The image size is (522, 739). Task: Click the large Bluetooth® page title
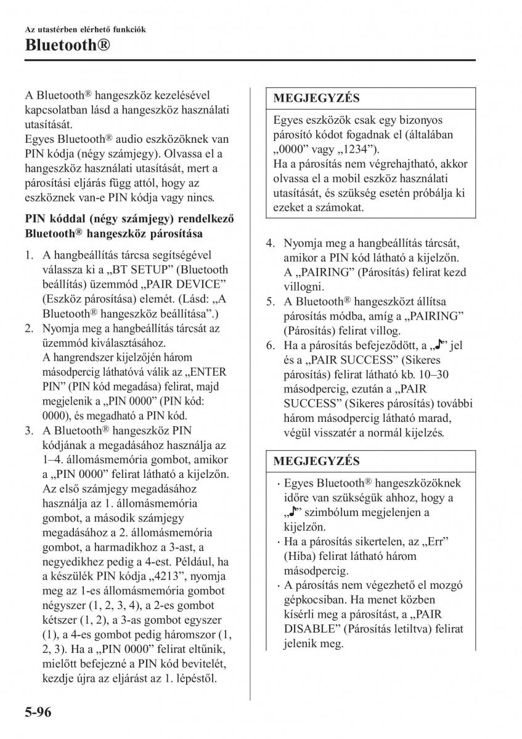click(68, 44)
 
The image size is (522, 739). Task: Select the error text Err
click(434, 541)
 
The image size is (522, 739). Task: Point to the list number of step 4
click(271, 243)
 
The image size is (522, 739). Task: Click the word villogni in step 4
click(304, 287)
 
